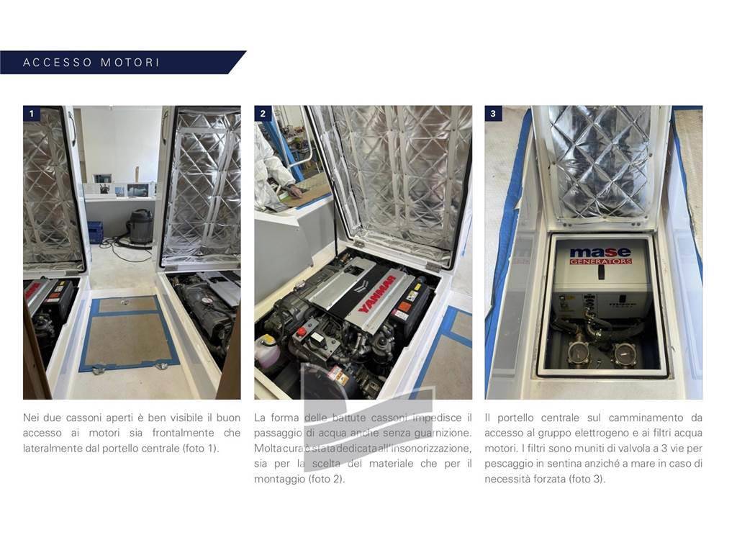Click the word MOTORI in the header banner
tap(130, 63)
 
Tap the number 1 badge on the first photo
tap(32, 113)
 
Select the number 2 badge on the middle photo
tap(263, 113)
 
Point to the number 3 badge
tap(493, 113)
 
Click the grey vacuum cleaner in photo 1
tap(140, 226)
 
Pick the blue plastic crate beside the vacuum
tap(96, 233)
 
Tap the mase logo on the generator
tap(600, 252)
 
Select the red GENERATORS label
tap(601, 261)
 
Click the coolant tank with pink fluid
tap(266, 348)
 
